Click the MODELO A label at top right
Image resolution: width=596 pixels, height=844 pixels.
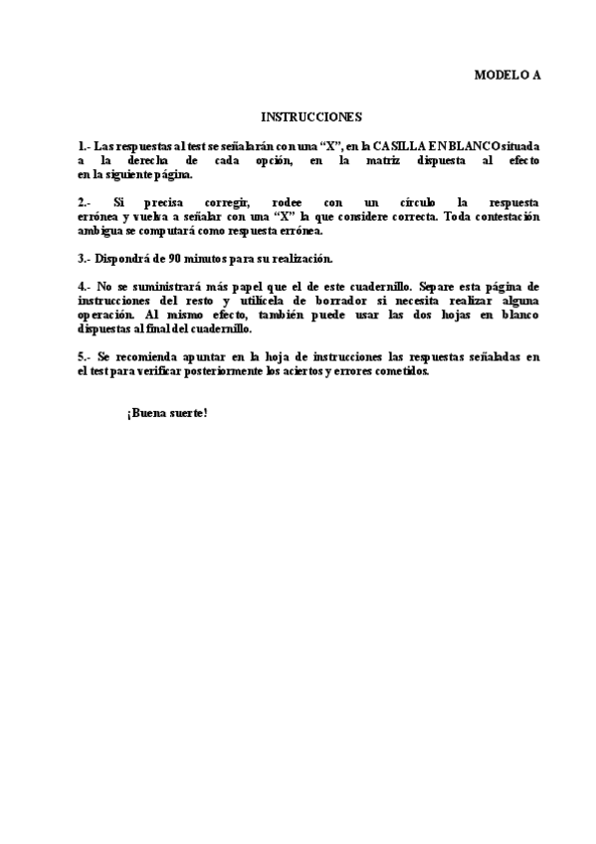tap(506, 75)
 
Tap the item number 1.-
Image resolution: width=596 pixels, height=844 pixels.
tap(84, 145)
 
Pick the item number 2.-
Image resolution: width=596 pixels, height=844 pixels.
tap(85, 202)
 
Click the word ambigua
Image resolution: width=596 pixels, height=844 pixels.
tap(99, 230)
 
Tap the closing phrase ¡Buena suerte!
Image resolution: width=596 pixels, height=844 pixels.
tap(167, 412)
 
